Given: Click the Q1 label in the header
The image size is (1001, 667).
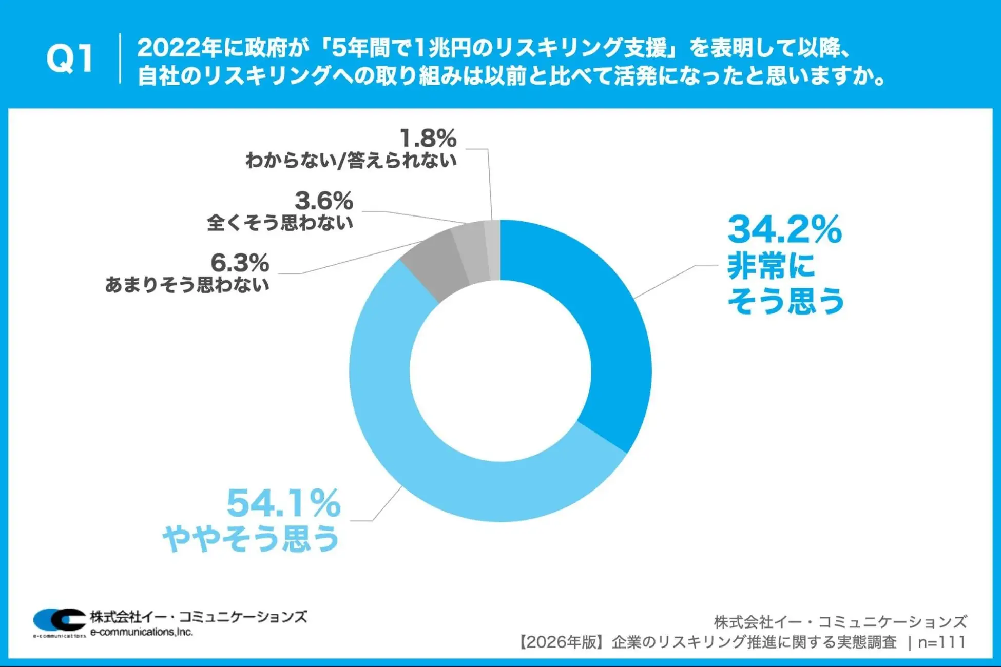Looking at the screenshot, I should tap(70, 58).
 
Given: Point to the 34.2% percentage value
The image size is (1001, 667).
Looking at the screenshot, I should tap(784, 229).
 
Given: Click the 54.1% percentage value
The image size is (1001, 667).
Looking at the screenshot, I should tap(283, 503).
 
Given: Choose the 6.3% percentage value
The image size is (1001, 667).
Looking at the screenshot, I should tap(240, 263).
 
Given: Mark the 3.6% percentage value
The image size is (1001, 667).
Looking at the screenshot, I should tap(324, 201).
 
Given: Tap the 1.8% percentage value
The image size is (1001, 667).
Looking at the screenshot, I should tap(428, 139).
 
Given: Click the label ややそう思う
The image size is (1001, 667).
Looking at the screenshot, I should tap(252, 539).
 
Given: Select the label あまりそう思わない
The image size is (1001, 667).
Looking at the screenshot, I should tap(187, 285).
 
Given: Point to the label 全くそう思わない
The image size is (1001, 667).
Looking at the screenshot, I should tap(280, 223).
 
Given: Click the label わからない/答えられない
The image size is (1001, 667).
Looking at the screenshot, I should tap(351, 161).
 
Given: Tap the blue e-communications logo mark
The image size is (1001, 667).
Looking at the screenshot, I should tap(59, 620).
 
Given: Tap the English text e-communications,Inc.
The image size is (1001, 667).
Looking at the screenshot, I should tap(142, 632).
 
